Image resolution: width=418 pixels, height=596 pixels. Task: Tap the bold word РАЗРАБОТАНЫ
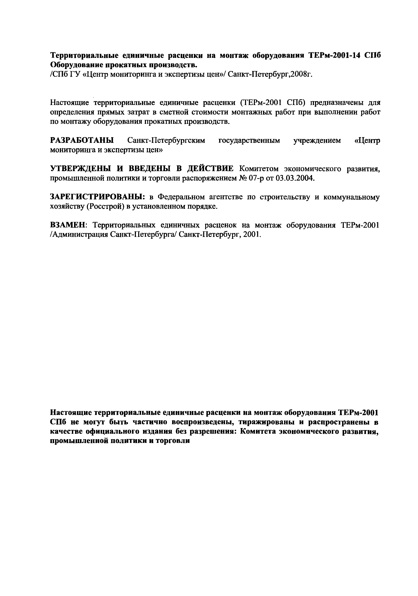click(x=82, y=141)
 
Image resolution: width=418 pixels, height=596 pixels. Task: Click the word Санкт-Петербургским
click(x=166, y=141)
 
